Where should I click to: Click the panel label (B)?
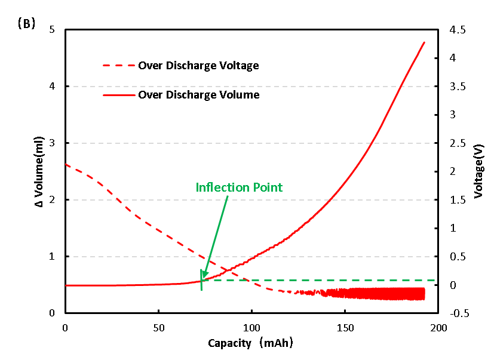pyautogui.click(x=26, y=24)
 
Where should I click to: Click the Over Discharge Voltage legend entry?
pyautogui.click(x=198, y=66)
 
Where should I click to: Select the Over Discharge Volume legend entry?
pyautogui.click(x=198, y=94)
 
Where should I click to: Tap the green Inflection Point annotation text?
pyautogui.click(x=239, y=187)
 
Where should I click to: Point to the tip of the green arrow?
pyautogui.click(x=202, y=278)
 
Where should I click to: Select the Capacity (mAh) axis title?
pyautogui.click(x=250, y=343)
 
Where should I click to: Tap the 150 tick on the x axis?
pyautogui.click(x=345, y=328)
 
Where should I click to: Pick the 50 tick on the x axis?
pyautogui.click(x=158, y=328)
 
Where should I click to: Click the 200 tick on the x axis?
pyautogui.click(x=438, y=328)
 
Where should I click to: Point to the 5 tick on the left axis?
pyautogui.click(x=53, y=30)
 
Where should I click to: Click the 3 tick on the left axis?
pyautogui.click(x=53, y=143)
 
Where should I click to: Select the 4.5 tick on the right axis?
pyautogui.click(x=453, y=30)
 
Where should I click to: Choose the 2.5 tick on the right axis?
pyautogui.click(x=453, y=143)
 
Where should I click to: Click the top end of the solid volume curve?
pyautogui.click(x=424, y=42)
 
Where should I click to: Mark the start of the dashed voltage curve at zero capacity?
pyautogui.click(x=66, y=164)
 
